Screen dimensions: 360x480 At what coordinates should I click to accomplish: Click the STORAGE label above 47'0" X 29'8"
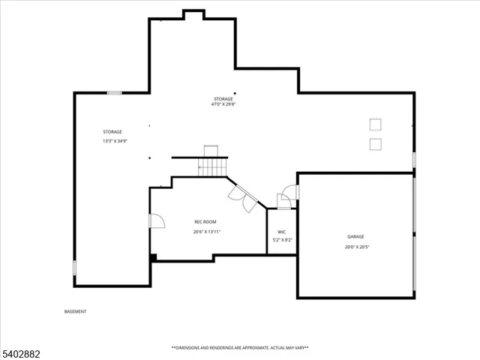point(223,99)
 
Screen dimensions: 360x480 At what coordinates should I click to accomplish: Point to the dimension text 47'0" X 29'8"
point(223,105)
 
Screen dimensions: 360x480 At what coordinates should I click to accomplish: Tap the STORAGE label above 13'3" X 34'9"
point(112,132)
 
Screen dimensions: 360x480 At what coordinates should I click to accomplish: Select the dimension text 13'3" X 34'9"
point(115,141)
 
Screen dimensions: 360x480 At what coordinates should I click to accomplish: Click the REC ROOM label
point(205,222)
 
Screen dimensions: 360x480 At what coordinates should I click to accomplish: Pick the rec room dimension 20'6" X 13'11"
point(206,232)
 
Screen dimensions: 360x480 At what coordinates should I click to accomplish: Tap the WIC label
point(282,232)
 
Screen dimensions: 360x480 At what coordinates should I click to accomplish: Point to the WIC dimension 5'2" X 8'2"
point(282,240)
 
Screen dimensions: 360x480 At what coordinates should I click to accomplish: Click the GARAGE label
point(355,237)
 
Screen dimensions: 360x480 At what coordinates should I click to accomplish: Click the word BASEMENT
point(75,311)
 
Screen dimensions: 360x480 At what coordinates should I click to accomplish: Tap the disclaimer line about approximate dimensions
point(240,348)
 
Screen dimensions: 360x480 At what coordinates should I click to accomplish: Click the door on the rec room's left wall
point(157,220)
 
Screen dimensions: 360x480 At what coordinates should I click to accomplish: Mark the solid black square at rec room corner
point(154,257)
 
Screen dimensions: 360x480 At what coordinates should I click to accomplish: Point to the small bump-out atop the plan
point(193,14)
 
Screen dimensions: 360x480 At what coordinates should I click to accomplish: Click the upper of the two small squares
point(375,124)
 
